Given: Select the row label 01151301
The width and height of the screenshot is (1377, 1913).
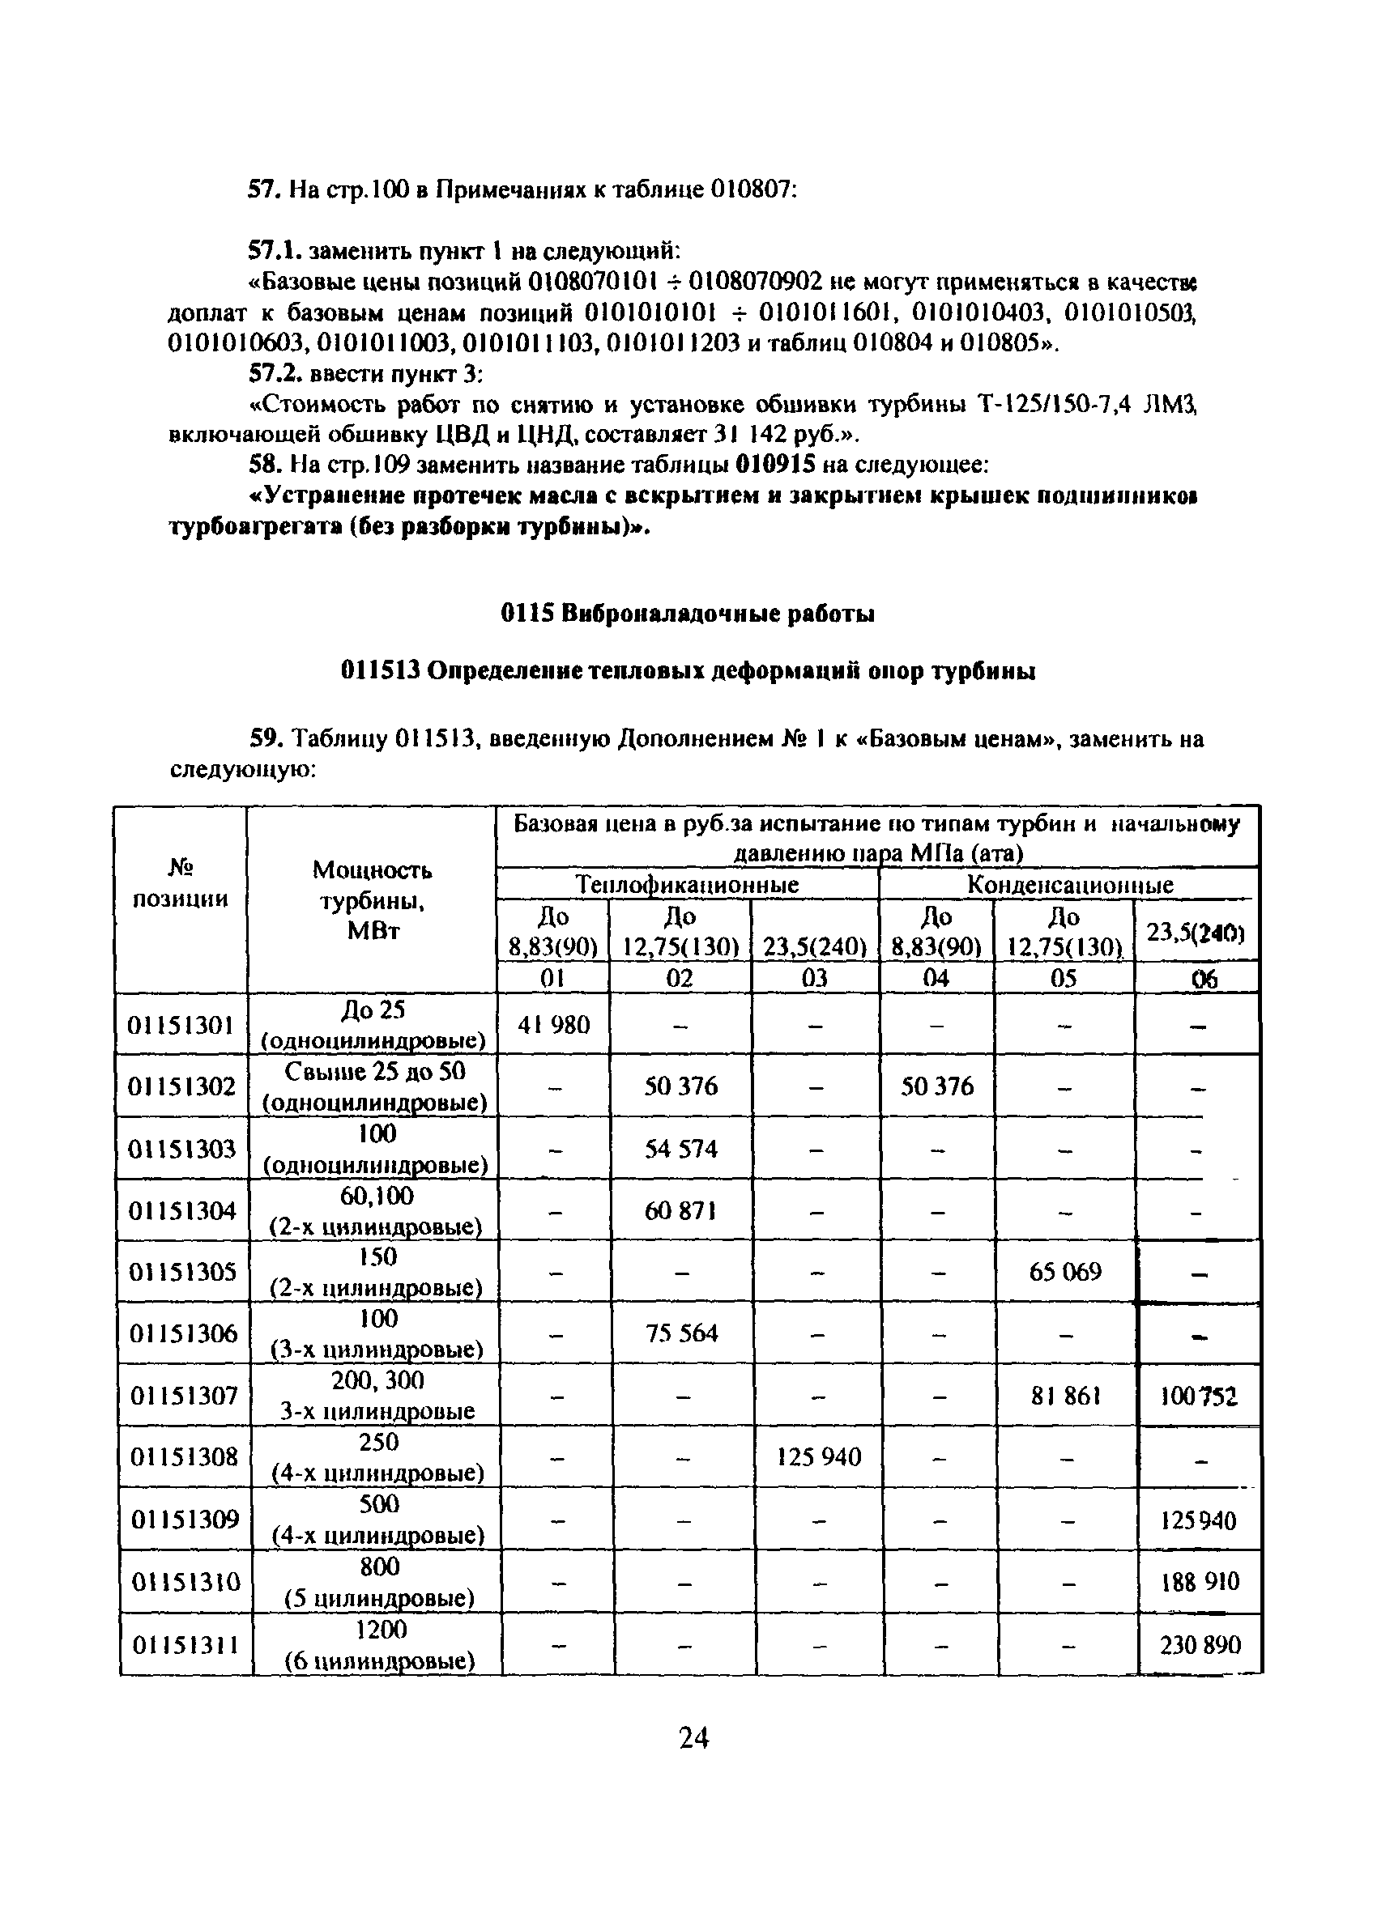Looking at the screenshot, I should click(181, 1025).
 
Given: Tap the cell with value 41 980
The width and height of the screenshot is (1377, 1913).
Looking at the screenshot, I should click(552, 1025).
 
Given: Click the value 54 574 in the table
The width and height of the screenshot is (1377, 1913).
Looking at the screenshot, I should click(680, 1149).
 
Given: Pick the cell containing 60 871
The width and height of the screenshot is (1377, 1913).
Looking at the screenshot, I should click(680, 1211).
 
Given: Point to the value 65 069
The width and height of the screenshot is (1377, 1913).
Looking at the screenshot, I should click(1065, 1272).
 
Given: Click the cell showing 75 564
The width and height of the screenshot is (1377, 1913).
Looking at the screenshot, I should click(681, 1333).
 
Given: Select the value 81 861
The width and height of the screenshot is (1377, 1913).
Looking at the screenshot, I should click(1066, 1396).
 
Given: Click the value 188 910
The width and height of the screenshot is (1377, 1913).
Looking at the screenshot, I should click(1200, 1582).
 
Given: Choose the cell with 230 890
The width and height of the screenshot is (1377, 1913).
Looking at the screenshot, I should click(1200, 1645).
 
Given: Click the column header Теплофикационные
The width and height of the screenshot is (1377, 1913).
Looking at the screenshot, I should click(687, 885).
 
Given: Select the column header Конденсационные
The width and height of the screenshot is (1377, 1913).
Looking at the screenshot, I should click(1069, 885).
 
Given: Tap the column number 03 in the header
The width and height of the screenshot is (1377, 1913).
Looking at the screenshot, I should click(814, 978).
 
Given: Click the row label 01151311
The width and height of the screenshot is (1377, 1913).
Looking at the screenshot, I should click(185, 1645).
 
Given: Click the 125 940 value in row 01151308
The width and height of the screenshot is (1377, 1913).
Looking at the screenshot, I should click(818, 1456).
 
